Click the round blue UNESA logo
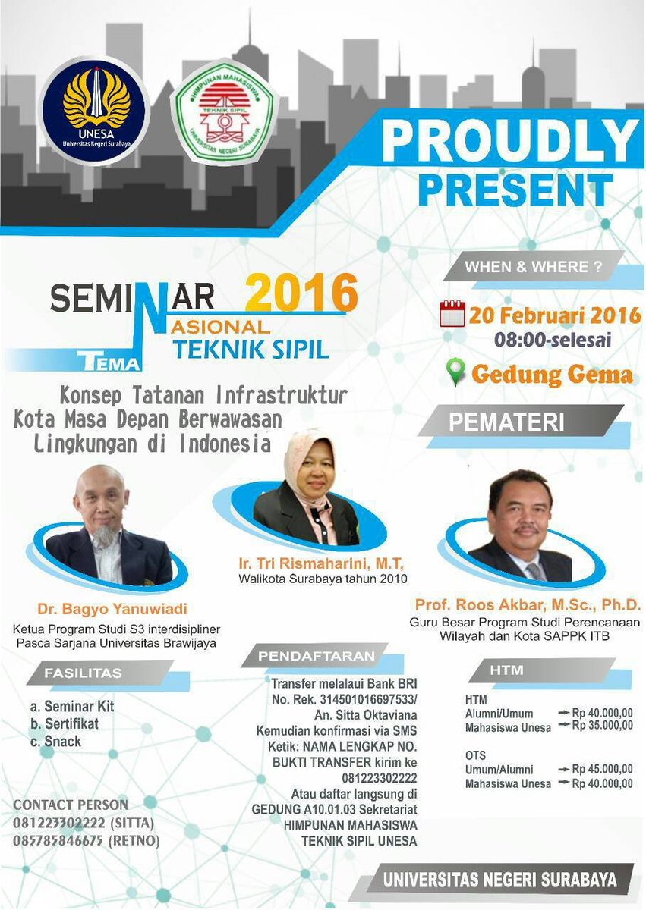[x=96, y=111]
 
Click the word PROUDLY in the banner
[x=510, y=141]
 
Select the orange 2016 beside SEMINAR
[x=302, y=293]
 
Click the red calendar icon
[x=452, y=313]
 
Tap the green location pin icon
[x=455, y=372]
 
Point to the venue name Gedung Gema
[x=552, y=374]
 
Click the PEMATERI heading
[x=506, y=422]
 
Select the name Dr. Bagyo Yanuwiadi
[x=112, y=609]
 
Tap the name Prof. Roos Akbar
[x=528, y=605]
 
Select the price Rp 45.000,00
[x=602, y=769]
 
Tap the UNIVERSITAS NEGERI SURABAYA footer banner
[x=499, y=880]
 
